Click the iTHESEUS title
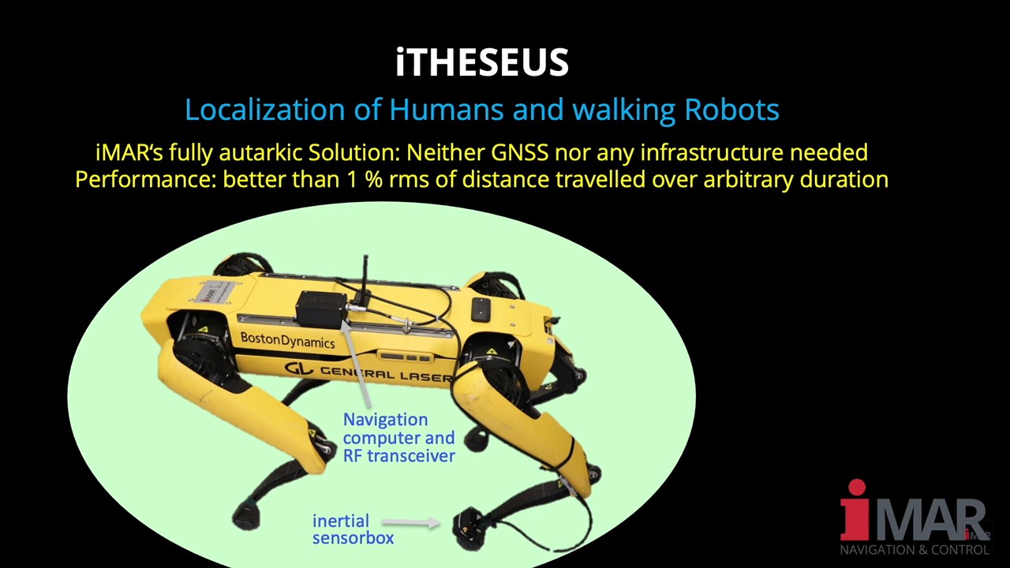pos(482,62)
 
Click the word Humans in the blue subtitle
pos(446,110)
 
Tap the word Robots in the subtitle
pos(731,110)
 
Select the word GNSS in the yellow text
pos(519,152)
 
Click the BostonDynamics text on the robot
pos(288,340)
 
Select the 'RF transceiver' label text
pos(399,456)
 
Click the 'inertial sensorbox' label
pos(353,529)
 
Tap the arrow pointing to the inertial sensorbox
pos(411,522)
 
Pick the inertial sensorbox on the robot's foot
pos(469,529)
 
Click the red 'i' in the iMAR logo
pos(855,510)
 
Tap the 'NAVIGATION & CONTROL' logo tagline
pos(915,550)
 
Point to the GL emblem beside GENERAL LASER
pos(298,368)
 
